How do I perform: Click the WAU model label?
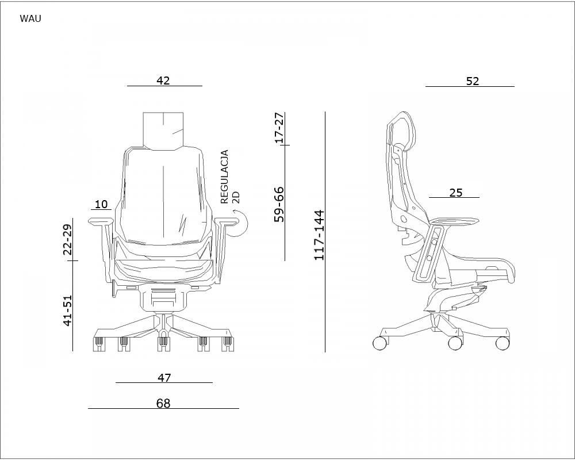(x=30, y=18)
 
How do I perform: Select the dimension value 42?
(x=163, y=80)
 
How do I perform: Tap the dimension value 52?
(x=473, y=81)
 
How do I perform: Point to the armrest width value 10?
(x=101, y=204)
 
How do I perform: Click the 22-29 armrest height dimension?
(x=68, y=239)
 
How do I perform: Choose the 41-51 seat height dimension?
(x=68, y=310)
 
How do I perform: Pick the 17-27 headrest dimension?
(x=279, y=127)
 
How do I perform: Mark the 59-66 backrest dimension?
(x=279, y=204)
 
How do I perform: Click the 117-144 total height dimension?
(x=319, y=235)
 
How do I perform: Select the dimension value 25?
(x=456, y=193)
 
